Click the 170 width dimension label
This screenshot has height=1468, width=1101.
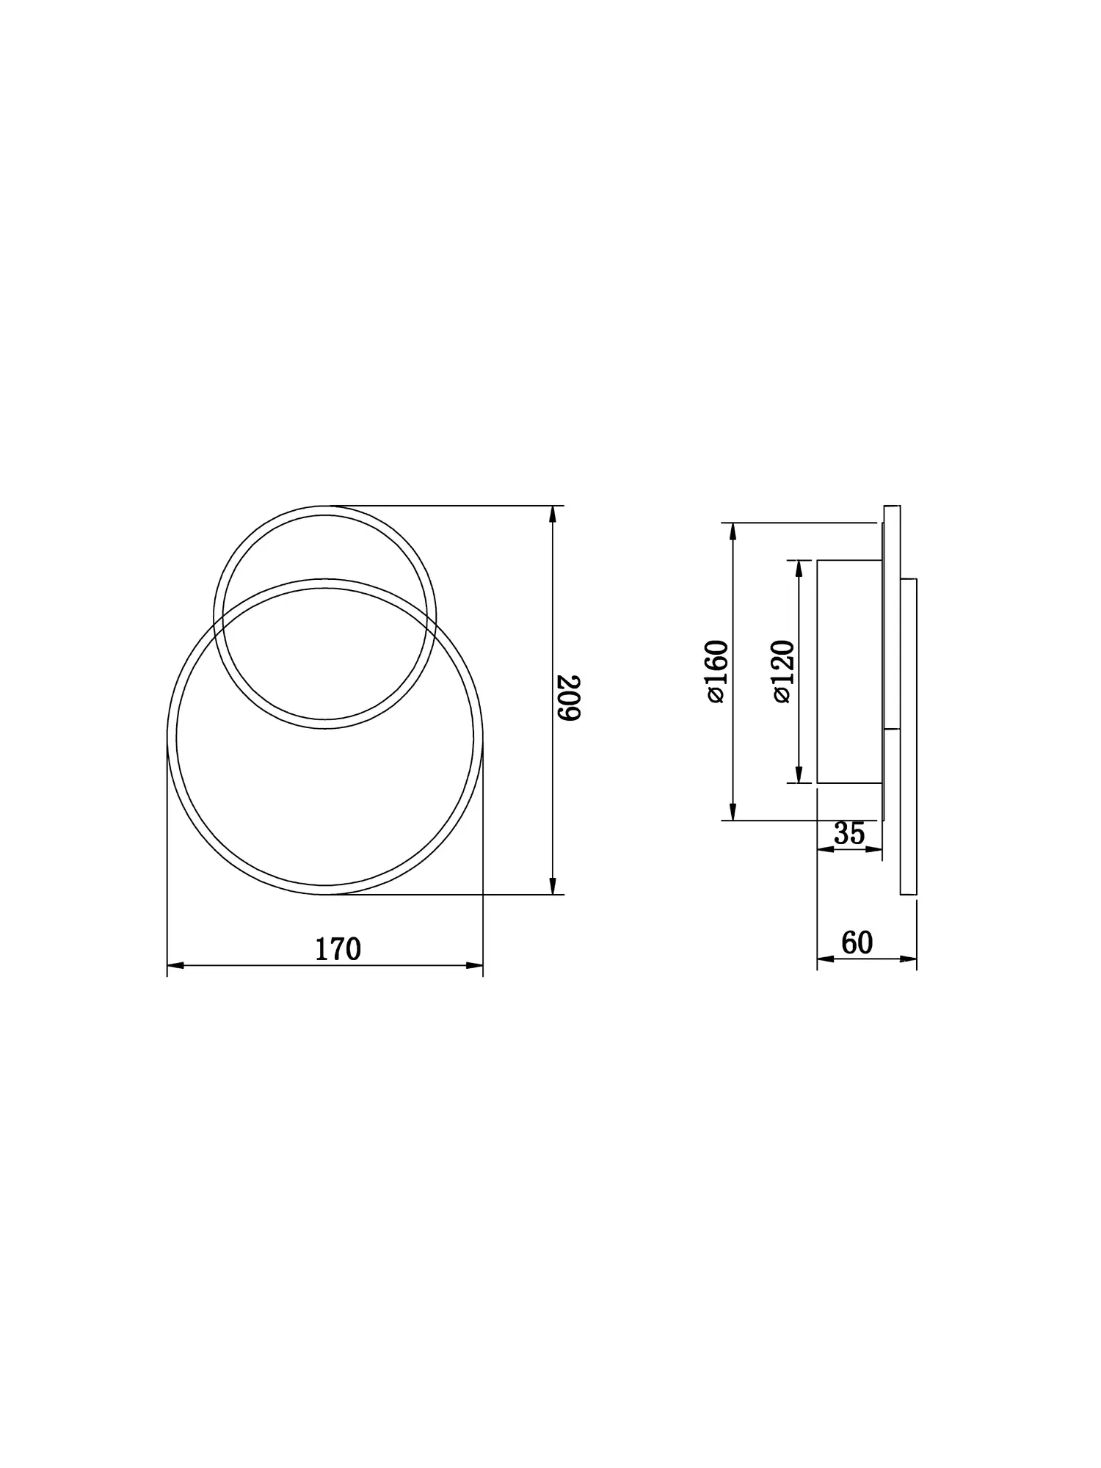(338, 950)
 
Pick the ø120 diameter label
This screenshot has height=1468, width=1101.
(783, 672)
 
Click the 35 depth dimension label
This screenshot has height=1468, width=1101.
(849, 834)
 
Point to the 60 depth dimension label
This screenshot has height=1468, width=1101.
(857, 943)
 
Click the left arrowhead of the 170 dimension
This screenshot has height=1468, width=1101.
(175, 966)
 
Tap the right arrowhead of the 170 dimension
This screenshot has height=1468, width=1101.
(475, 966)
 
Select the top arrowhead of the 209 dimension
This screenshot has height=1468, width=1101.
(553, 514)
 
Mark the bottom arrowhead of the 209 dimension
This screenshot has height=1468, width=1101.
(553, 887)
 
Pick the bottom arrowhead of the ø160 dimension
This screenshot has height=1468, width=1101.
(733, 812)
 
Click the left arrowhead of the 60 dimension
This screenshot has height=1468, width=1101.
(825, 959)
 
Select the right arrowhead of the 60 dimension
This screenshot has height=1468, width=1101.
(909, 959)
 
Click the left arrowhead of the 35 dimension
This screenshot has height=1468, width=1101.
(825, 849)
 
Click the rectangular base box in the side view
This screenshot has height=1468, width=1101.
(849, 672)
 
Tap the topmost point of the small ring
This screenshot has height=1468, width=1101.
(325, 506)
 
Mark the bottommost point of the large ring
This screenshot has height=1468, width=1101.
(325, 894)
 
